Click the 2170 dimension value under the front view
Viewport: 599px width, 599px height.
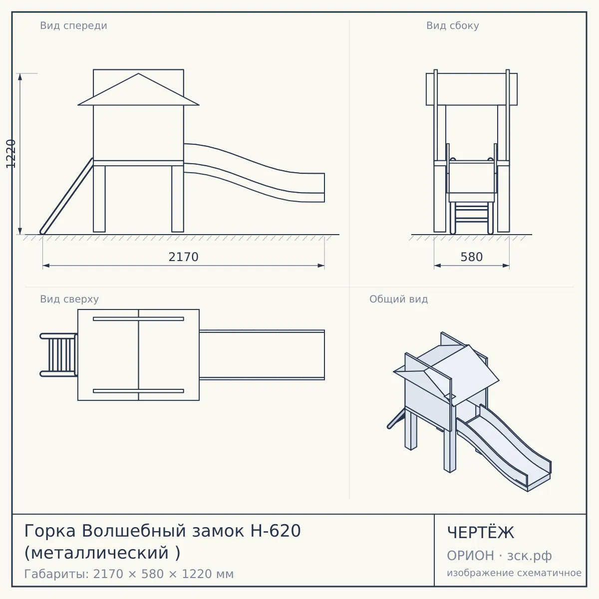183,257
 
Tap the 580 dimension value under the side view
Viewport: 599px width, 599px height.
472,257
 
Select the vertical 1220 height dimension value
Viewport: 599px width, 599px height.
11,154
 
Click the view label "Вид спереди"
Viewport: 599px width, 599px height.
74,25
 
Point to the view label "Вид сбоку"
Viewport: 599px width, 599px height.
453,25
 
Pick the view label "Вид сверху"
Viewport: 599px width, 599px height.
69,299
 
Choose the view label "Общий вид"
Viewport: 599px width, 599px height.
398,299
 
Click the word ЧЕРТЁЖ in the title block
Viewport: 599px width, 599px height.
481,533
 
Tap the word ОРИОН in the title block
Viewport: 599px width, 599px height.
470,556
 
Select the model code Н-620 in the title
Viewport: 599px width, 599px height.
276,531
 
